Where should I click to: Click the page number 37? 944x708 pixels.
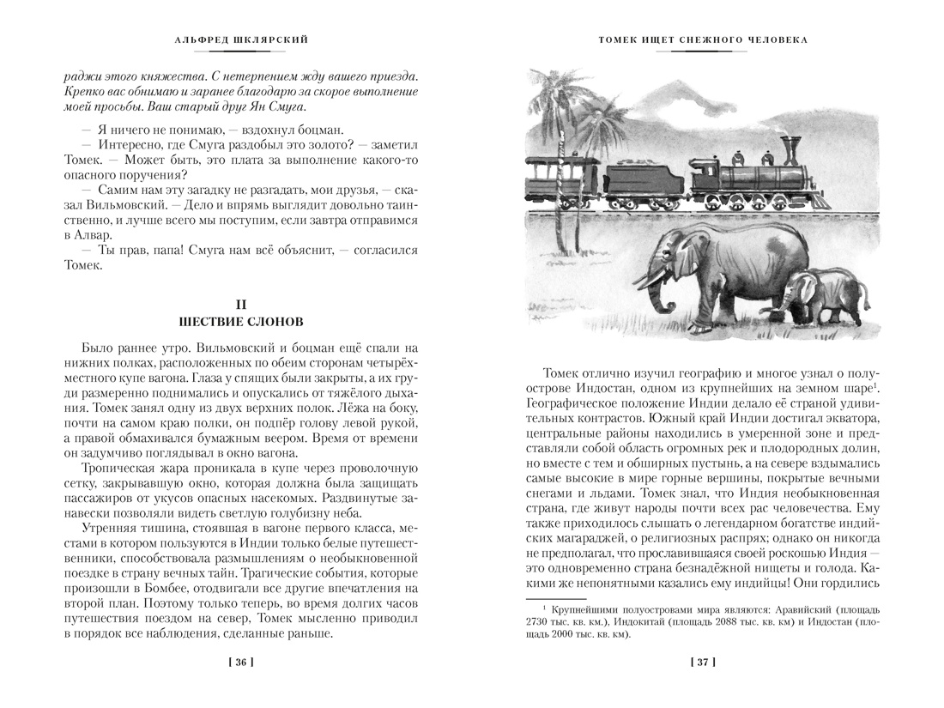click(702, 662)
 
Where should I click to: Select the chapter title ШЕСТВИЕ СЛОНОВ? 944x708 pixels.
click(240, 322)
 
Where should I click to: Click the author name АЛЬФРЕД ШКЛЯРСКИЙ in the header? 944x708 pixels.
click(240, 39)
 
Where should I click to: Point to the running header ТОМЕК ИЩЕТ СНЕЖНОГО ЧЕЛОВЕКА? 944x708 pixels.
click(702, 39)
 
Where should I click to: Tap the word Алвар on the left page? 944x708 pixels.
click(93, 235)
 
